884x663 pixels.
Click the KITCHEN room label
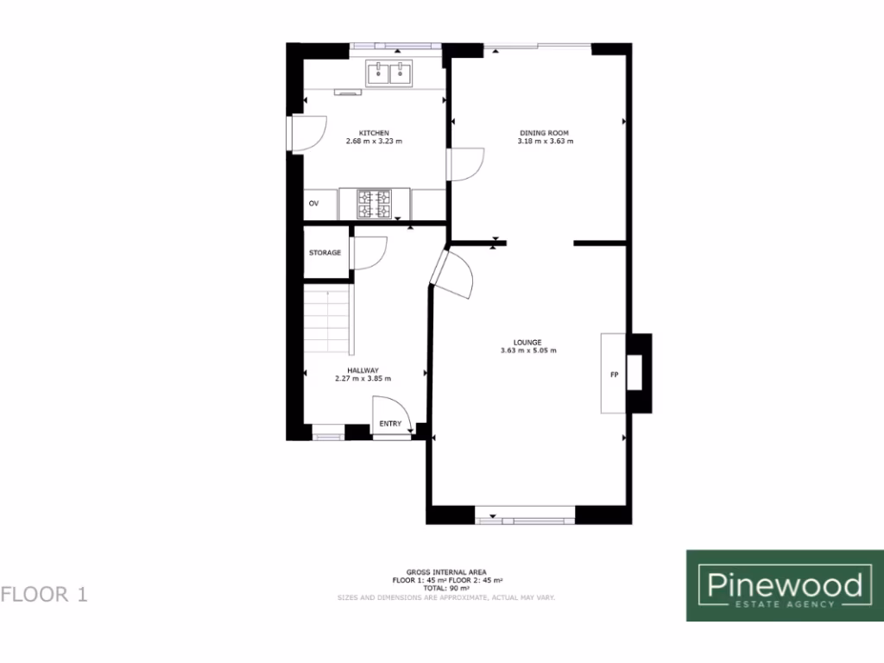[375, 132]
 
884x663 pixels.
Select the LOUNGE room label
[527, 342]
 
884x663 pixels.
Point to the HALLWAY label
[363, 370]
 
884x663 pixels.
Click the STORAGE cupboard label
[325, 253]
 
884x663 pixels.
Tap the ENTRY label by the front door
[390, 424]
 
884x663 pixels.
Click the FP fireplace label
[614, 376]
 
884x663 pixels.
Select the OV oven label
[314, 204]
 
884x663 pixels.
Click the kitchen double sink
[388, 73]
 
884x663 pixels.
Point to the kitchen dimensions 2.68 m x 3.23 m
[375, 141]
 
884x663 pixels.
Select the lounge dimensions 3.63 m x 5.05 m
[527, 350]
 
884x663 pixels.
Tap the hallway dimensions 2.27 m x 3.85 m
[363, 379]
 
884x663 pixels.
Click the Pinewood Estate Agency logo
[785, 585]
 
